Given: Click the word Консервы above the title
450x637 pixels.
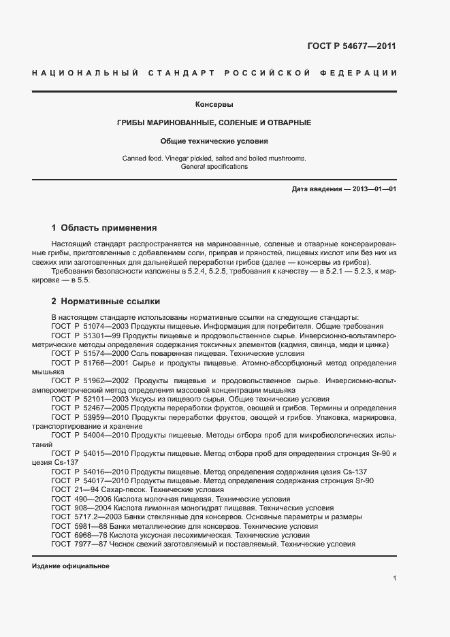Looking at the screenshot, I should [214, 105].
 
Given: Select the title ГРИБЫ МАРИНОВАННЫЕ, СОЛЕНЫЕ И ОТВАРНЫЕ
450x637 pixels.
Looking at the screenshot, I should [214, 122].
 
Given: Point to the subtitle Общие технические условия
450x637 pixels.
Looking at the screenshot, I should [214, 142].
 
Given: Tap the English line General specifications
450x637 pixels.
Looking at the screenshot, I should [214, 167].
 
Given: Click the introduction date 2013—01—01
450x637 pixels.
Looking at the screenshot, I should [372, 189].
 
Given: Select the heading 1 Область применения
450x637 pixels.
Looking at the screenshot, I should [104, 228].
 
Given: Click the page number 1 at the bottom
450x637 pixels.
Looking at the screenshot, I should [394, 578].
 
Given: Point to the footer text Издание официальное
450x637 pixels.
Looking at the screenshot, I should [71, 566].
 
